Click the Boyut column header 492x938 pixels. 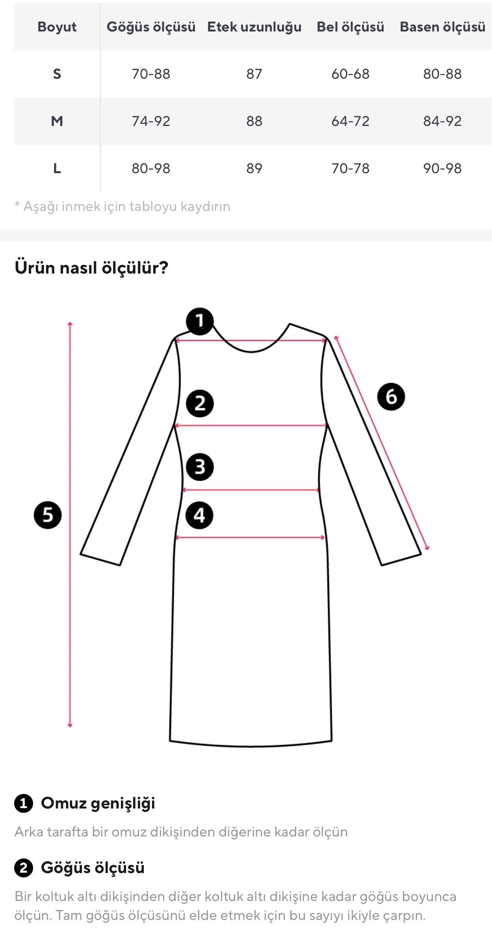pos(57,27)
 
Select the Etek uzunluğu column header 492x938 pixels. pos(254,27)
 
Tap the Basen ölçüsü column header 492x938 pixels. pos(442,27)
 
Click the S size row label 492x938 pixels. pos(57,74)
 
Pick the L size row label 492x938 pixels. pos(57,168)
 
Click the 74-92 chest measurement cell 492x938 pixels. pos(151,121)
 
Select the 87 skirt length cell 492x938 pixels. pos(254,74)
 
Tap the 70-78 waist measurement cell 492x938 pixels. pos(350,168)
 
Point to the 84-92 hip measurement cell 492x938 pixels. pos(442,121)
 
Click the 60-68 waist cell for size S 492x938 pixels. pos(350,74)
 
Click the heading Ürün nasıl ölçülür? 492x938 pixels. pos(91,268)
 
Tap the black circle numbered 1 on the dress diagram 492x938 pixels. pos(200,321)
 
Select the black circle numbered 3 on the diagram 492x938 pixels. pos(200,467)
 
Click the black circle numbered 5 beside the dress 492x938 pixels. pos(48,515)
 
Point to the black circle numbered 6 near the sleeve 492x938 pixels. pos(391,396)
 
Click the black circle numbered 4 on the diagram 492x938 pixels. pos(199,515)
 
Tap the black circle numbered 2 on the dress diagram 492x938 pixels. pos(200,403)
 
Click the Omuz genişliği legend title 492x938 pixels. pos(98,803)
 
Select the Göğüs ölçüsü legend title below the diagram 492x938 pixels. pos(93,868)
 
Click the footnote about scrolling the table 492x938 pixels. pos(123,206)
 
